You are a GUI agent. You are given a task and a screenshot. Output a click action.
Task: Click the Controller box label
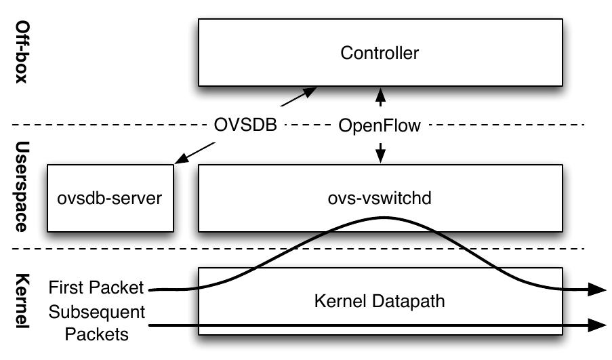(380, 53)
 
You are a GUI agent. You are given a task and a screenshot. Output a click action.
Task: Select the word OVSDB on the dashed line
(245, 125)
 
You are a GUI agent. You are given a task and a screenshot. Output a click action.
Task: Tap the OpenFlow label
(380, 125)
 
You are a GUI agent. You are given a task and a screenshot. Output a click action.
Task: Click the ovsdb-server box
(110, 198)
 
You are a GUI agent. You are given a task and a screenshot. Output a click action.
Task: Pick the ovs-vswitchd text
(380, 198)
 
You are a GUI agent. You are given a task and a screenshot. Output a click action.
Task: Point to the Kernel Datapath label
(380, 300)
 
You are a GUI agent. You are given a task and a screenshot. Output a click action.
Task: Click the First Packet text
(96, 288)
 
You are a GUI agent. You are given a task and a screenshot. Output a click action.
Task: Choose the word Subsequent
(96, 313)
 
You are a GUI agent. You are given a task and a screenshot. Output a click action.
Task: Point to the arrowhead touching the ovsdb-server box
(180, 161)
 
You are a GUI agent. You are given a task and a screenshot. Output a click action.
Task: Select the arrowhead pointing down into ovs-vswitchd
(380, 157)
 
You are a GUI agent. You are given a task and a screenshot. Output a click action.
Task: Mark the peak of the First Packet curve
(380, 218)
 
